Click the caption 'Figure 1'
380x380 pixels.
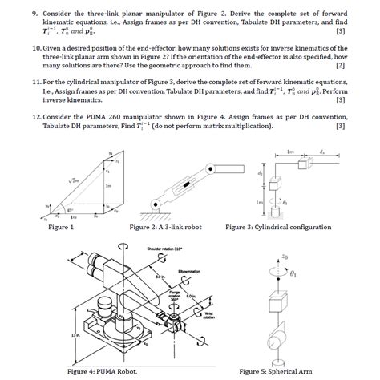[61, 227]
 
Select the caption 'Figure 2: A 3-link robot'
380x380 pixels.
[172, 227]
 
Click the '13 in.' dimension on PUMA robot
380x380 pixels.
[75, 336]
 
